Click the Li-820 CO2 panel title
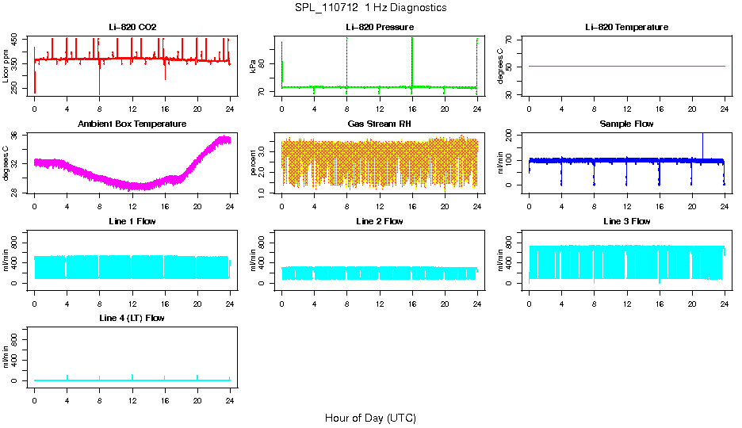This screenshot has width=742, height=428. [132, 27]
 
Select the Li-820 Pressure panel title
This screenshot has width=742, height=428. [380, 27]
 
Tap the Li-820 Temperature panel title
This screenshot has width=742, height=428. [626, 27]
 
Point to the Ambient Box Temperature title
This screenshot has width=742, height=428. [132, 124]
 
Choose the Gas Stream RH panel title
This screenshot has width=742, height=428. [380, 124]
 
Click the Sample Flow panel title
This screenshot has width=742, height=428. [626, 124]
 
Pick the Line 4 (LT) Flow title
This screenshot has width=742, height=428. [132, 318]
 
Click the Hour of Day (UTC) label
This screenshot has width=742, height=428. [370, 418]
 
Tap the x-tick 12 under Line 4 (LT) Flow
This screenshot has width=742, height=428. [132, 392]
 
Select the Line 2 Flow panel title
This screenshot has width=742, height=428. [380, 221]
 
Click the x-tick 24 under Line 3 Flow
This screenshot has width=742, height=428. [725, 295]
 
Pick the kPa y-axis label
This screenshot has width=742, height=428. [254, 66]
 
